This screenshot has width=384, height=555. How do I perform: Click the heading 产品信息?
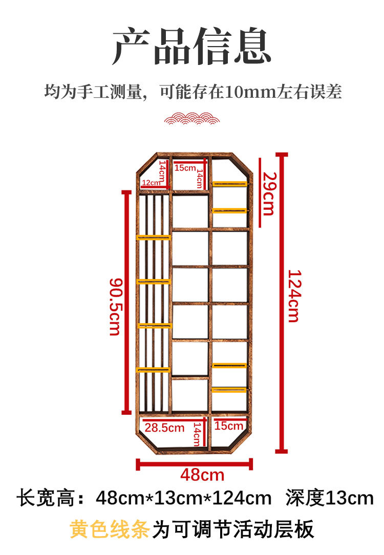click(x=191, y=47)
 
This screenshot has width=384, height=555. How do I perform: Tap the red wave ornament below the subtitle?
click(x=191, y=119)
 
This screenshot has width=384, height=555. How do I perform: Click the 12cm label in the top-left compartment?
click(x=150, y=183)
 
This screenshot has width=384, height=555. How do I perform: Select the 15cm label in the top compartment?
click(x=185, y=168)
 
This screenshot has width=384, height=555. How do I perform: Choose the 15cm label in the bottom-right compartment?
click(x=229, y=426)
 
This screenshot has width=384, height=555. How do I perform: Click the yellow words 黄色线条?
click(x=110, y=530)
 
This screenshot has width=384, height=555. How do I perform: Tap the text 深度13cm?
click(x=330, y=498)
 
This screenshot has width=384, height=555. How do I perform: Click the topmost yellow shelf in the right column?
click(x=230, y=184)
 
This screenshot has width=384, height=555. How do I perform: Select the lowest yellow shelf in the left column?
click(x=154, y=370)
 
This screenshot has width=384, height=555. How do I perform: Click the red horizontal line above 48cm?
click(x=195, y=464)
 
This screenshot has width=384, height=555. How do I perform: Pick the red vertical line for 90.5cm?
click(x=126, y=302)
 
